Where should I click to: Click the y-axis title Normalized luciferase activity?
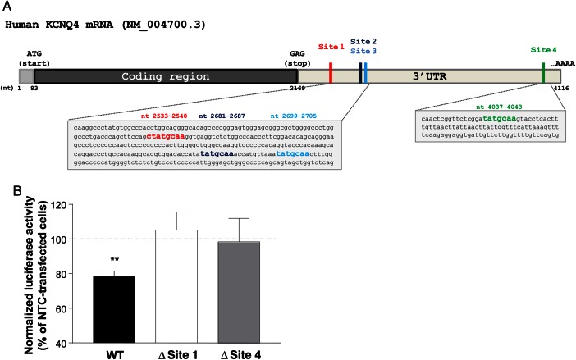30,271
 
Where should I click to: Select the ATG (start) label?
34,56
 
